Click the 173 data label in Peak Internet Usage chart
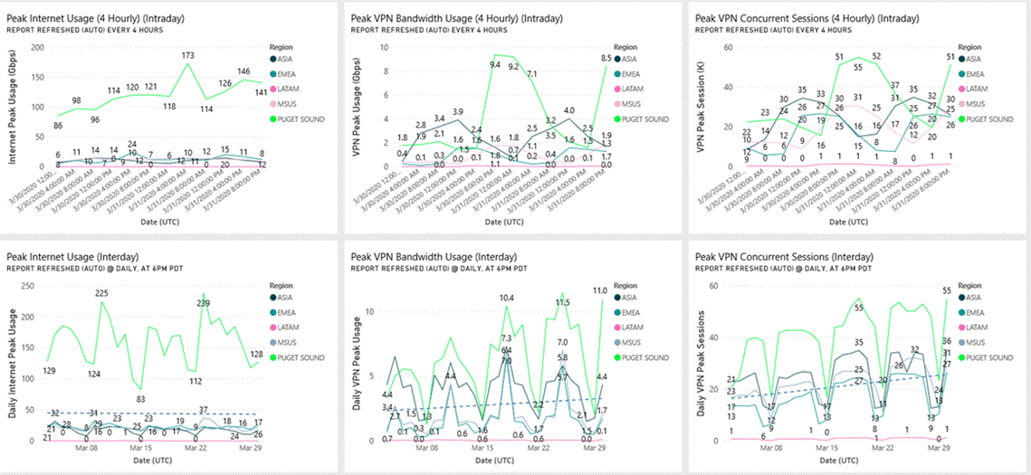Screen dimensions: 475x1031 click(188, 56)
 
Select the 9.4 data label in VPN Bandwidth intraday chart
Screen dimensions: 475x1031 click(495, 64)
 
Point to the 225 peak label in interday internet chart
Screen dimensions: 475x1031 click(101, 293)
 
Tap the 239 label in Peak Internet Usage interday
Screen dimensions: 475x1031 click(204, 303)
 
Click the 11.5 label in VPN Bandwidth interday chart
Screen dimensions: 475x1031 click(561, 303)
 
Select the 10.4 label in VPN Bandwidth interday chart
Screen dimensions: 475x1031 click(507, 298)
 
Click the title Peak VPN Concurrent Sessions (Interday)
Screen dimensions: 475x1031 click(784, 256)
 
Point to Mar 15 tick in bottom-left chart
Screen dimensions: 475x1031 click(140, 448)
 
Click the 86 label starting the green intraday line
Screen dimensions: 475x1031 click(59, 125)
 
